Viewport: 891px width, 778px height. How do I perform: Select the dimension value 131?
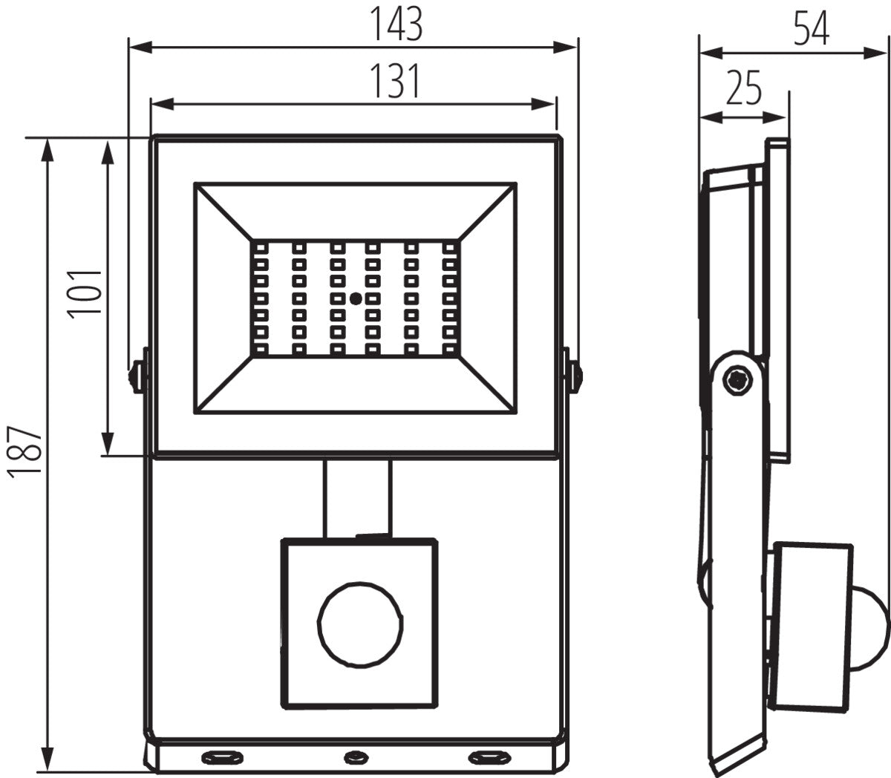(x=395, y=81)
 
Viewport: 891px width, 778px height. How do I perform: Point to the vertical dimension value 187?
(x=27, y=452)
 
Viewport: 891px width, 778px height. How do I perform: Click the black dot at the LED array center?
(x=356, y=298)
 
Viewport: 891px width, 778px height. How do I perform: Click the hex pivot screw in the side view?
(x=738, y=380)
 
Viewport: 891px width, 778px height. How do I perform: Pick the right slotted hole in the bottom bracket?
(x=486, y=757)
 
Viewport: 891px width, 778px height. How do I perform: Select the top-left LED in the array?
(x=260, y=246)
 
